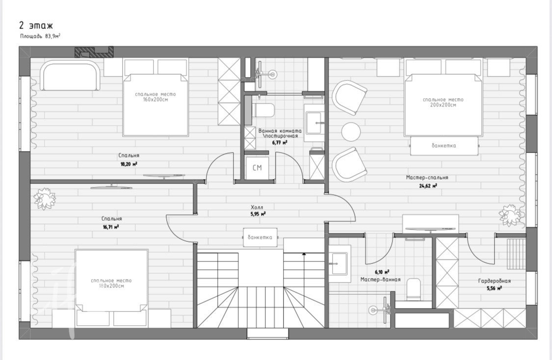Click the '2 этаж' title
tap(36, 26)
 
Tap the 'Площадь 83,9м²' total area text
tap(40, 36)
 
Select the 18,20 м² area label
tap(129, 164)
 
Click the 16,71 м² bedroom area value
tap(110, 228)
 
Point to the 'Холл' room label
tap(257, 207)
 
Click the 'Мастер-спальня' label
tap(427, 178)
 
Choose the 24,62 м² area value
tap(428, 186)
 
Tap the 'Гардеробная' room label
tap(494, 281)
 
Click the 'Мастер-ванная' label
tap(381, 280)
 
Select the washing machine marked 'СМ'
tap(257, 168)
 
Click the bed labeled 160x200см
tap(155, 104)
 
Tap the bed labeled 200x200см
tap(443, 104)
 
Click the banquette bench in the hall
tap(260, 237)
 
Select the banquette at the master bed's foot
tap(444, 146)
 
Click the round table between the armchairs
tap(351, 132)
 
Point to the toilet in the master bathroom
tap(413, 289)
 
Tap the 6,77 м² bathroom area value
tap(280, 143)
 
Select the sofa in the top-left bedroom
tap(70, 75)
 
